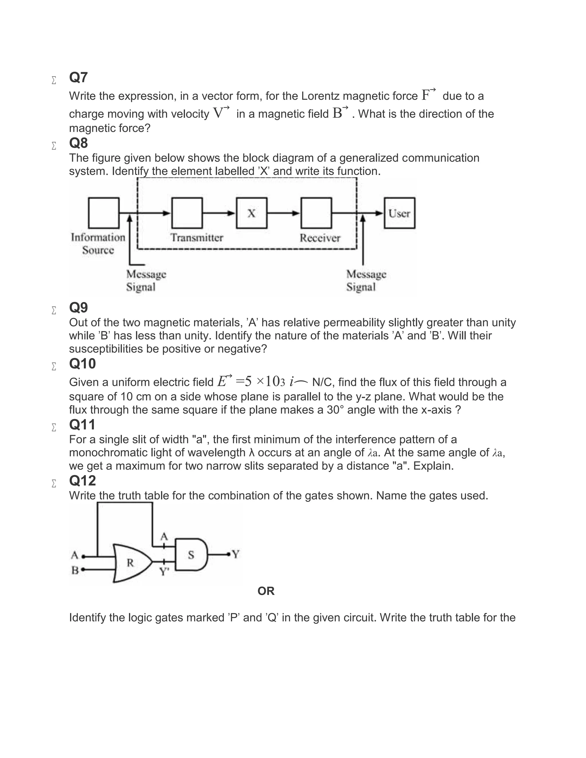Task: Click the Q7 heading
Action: click(78, 78)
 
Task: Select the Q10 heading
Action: click(82, 364)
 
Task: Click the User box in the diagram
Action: click(399, 213)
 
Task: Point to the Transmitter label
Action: click(197, 238)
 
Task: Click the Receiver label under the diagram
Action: click(320, 238)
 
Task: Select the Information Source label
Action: click(98, 244)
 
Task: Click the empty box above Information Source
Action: click(104, 213)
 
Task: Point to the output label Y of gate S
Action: click(236, 554)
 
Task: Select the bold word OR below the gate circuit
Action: click(266, 591)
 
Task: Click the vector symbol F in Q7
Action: click(426, 95)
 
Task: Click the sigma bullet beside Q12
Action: click(54, 483)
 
